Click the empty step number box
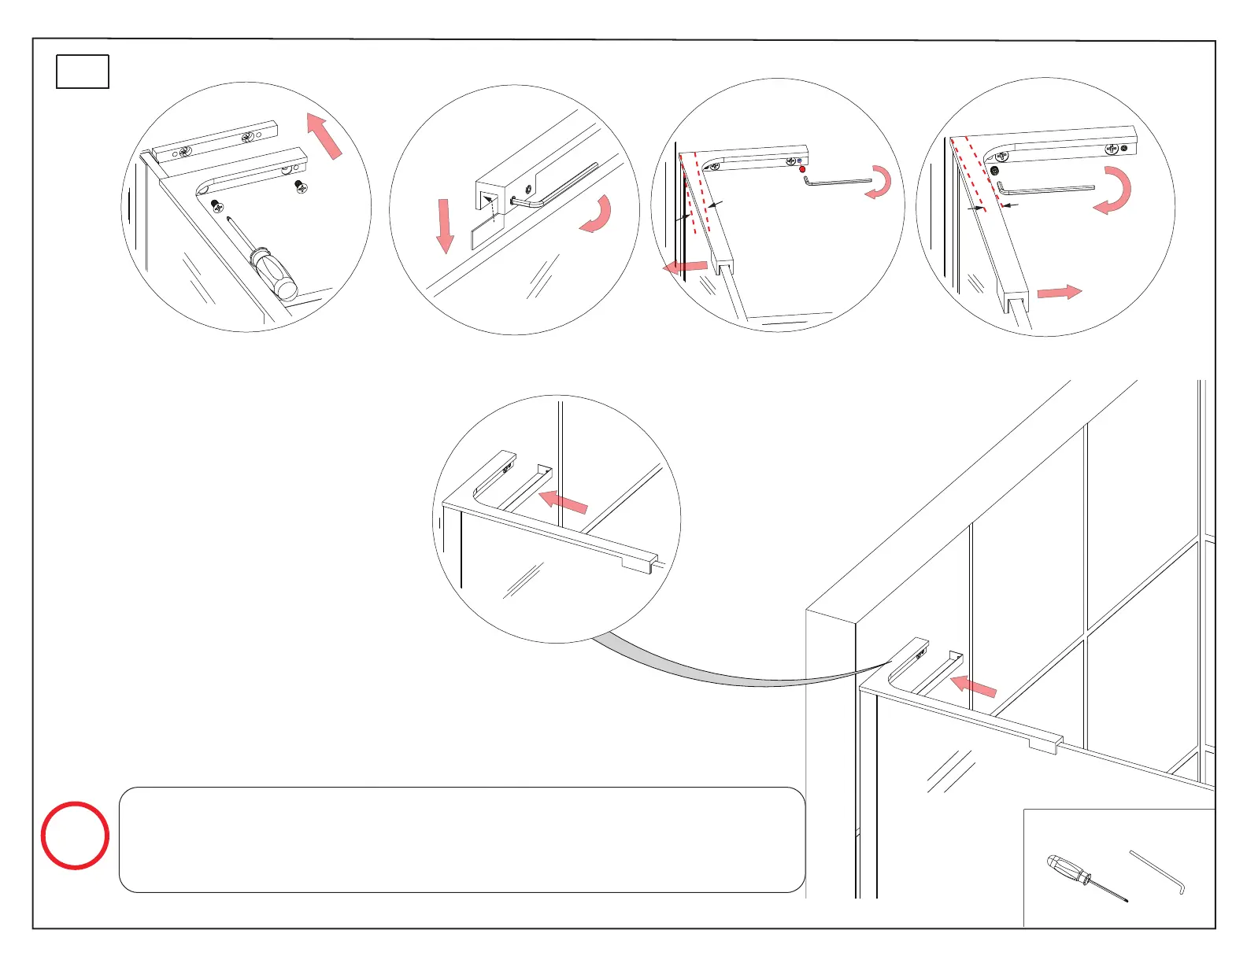[x=83, y=72]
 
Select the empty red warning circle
[x=75, y=836]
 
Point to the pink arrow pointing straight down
[x=445, y=226]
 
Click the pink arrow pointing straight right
[x=1060, y=293]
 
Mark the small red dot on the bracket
[x=802, y=169]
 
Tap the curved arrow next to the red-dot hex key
[x=881, y=183]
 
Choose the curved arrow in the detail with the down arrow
[x=598, y=216]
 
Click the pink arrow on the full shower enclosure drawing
[x=974, y=686]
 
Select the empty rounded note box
[x=462, y=839]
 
